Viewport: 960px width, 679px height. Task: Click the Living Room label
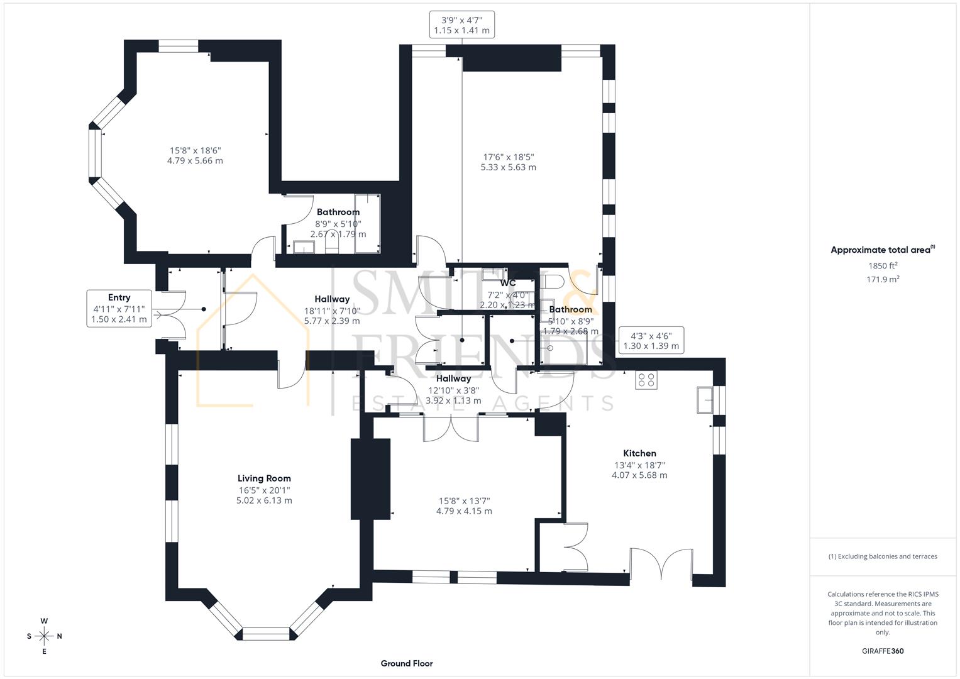tap(264, 478)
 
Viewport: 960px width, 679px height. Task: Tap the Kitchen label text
tap(639, 453)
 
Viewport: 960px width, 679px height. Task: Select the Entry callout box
tap(119, 308)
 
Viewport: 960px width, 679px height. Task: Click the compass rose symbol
tap(44, 636)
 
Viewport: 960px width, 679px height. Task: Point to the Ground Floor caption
tap(407, 663)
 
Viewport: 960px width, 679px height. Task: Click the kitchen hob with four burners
tap(646, 380)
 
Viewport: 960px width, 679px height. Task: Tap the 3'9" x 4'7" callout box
tap(461, 25)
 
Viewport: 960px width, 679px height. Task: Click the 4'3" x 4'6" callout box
tap(651, 340)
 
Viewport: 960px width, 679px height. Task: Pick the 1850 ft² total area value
tap(883, 266)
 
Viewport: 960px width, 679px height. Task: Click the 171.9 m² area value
tap(883, 280)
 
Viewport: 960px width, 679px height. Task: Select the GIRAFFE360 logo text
tap(883, 651)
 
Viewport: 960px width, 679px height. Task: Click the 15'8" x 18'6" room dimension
tap(195, 155)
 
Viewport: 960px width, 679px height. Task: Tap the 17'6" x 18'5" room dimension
tap(508, 162)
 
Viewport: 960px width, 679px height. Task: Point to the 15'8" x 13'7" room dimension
tap(464, 506)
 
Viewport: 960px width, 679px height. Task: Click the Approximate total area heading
tap(882, 250)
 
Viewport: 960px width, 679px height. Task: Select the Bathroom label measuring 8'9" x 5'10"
tap(338, 213)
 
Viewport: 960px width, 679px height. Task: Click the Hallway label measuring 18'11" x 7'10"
tap(332, 299)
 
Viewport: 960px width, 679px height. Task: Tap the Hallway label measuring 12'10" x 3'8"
tap(453, 378)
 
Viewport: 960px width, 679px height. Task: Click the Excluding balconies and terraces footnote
tap(883, 556)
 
